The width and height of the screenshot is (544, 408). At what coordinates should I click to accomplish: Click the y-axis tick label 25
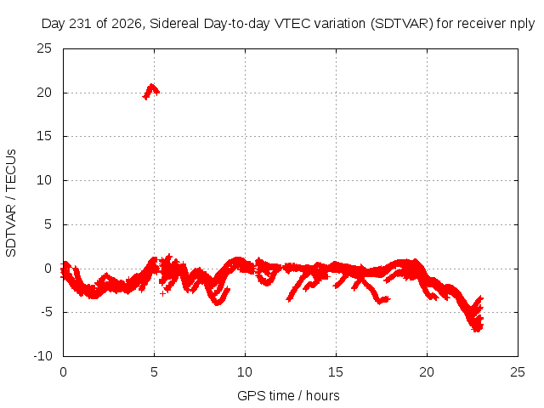[x=44, y=48]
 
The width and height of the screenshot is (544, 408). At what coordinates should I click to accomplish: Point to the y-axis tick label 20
[x=44, y=93]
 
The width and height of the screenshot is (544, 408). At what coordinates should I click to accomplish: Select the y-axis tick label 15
[x=44, y=136]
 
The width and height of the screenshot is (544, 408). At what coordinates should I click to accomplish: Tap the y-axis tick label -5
[x=47, y=312]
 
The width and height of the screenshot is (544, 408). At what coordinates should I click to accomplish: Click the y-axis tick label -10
[x=42, y=355]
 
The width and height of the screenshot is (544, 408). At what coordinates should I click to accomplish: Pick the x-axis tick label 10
[x=245, y=372]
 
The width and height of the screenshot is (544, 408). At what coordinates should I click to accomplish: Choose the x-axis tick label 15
[x=336, y=372]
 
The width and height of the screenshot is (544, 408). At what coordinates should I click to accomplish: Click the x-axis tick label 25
[x=518, y=372]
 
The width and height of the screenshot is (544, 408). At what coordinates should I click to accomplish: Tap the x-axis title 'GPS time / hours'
[x=288, y=396]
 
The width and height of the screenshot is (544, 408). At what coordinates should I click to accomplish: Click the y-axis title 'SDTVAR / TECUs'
[x=11, y=203]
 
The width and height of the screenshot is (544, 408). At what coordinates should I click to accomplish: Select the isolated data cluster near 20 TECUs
[x=151, y=92]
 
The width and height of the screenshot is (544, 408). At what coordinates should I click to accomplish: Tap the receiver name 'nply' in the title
[x=523, y=24]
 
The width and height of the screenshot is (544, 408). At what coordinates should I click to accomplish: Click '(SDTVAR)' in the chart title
[x=402, y=24]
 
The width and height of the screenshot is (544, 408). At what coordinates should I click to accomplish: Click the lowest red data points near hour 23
[x=477, y=329]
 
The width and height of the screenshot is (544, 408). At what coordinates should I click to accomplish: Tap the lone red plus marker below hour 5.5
[x=162, y=294]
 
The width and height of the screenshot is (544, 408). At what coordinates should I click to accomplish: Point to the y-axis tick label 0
[x=48, y=269]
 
